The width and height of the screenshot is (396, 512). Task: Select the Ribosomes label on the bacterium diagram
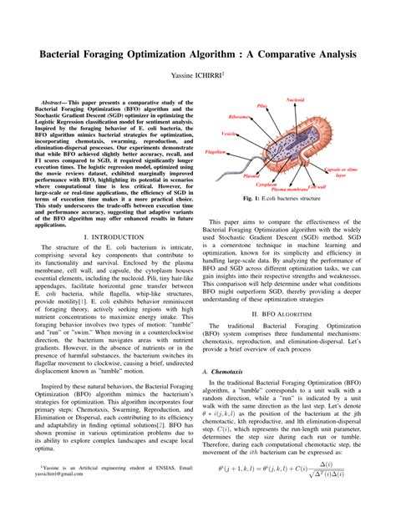click(x=239, y=118)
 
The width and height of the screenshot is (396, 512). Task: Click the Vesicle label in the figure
click(x=228, y=134)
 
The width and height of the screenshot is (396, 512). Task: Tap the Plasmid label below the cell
click(x=251, y=176)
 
